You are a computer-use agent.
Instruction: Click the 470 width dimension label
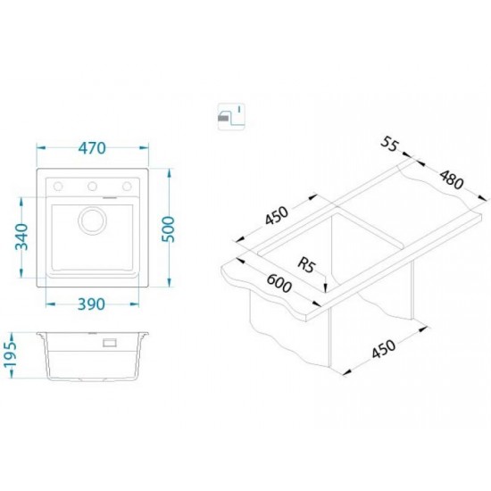coord(92,148)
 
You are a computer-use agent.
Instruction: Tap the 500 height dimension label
coord(168,229)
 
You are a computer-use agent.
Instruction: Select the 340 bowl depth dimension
coord(22,237)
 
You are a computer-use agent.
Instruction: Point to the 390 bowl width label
coord(91,304)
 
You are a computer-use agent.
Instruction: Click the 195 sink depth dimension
coord(11,355)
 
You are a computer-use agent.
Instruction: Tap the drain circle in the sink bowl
coord(92,221)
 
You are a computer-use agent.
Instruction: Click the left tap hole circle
coord(58,187)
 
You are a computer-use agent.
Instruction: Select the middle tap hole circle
coord(92,187)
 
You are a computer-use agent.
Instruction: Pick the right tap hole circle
coord(127,187)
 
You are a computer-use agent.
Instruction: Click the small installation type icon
coord(231,116)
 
